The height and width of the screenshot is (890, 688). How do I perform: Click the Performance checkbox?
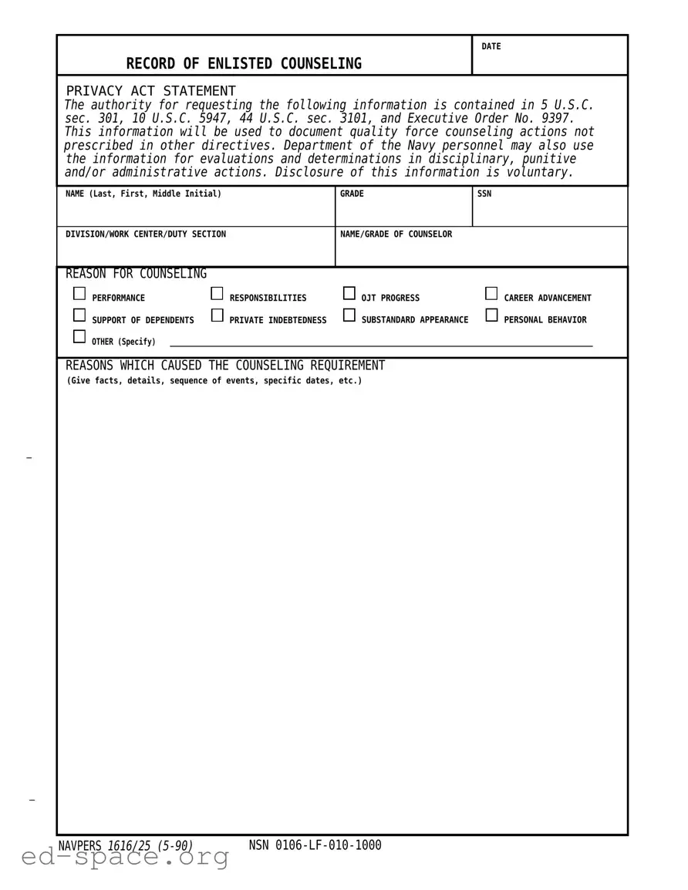coord(79,293)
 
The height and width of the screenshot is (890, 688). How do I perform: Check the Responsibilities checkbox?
coord(217,293)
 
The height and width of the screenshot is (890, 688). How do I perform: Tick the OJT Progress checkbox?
coord(349,293)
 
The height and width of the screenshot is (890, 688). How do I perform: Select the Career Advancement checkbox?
coord(491,293)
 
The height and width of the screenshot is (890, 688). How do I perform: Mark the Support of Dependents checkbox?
coord(79,315)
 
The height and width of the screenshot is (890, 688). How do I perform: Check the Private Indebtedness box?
coord(217,315)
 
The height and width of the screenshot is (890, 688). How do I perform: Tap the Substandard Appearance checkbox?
coord(349,315)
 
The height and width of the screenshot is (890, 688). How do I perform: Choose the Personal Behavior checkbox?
coord(491,315)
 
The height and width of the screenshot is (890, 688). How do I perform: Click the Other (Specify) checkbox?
coord(79,336)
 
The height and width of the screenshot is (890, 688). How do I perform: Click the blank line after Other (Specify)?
coord(381,343)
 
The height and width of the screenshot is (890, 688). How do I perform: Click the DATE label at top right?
coord(491,47)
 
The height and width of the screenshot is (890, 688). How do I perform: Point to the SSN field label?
coord(484,194)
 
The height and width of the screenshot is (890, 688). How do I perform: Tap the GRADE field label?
coord(352,194)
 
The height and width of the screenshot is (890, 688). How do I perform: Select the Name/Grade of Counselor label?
coord(396,234)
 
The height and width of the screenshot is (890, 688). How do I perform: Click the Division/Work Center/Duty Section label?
coord(146,234)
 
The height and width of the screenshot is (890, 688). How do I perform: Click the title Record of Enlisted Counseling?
coord(244,64)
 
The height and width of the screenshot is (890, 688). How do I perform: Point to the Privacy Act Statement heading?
coord(151,91)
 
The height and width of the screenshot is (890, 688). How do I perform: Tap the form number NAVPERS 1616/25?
coord(125,846)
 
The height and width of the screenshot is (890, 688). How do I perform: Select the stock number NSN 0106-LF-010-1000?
coord(315,845)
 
